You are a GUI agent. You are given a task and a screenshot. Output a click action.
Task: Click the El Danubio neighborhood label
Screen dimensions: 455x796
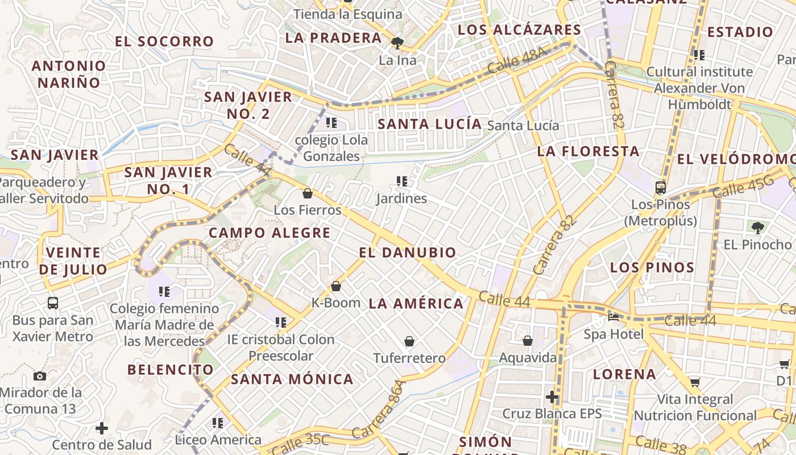(408, 253)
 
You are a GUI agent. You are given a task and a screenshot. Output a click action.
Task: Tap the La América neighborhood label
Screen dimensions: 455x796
(416, 304)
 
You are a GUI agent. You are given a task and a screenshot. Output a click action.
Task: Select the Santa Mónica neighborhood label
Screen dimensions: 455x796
(292, 379)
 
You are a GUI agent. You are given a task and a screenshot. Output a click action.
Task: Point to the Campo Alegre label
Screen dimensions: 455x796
(270, 233)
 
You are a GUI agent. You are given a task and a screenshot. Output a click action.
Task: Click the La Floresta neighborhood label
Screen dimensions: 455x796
(588, 151)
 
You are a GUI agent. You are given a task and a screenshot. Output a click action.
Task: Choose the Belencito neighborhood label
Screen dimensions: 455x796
(171, 370)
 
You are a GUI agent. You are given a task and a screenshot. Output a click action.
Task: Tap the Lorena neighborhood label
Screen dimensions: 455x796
(624, 374)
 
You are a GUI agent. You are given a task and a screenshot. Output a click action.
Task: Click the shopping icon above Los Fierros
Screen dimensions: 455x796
(308, 193)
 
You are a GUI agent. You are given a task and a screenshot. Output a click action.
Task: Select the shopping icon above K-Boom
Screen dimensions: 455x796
(336, 286)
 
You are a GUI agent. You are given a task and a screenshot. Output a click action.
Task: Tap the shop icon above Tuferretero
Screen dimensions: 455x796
(409, 341)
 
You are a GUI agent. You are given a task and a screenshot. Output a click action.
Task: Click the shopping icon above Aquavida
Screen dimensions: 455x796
(528, 341)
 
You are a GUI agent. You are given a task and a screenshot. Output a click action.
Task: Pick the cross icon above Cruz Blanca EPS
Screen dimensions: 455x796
(552, 397)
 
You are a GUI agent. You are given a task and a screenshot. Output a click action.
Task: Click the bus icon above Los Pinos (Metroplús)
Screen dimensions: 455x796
(661, 187)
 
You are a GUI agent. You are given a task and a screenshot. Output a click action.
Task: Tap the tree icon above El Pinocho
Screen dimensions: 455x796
(757, 228)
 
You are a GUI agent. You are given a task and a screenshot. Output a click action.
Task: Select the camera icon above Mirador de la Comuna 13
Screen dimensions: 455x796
(40, 376)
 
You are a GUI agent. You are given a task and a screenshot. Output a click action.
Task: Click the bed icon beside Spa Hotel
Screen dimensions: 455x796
(613, 317)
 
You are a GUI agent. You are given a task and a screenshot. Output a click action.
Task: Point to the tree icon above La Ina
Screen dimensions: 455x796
(397, 43)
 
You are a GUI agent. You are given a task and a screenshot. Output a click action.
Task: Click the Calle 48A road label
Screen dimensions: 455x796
(517, 61)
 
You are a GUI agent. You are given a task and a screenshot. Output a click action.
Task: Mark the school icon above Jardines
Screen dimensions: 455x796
(402, 181)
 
